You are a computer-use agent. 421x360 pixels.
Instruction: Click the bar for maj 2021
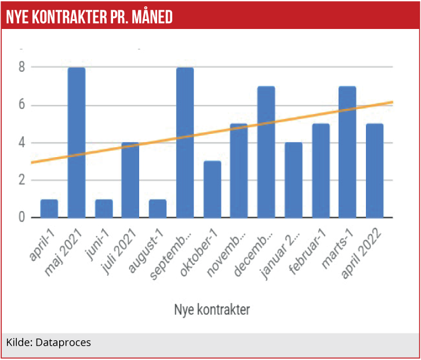pyautogui.click(x=77, y=143)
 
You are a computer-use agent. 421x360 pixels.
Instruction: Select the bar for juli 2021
pyautogui.click(x=130, y=180)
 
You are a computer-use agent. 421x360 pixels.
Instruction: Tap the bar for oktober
pyautogui.click(x=212, y=190)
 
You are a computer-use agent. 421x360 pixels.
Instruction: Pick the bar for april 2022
pyautogui.click(x=375, y=170)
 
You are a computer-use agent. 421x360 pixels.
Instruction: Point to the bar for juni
pyautogui.click(x=104, y=208)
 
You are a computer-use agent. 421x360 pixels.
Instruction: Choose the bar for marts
pyautogui.click(x=348, y=152)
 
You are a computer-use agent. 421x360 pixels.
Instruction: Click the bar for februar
pyautogui.click(x=321, y=170)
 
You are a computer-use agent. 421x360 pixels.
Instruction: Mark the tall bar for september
pyautogui.click(x=185, y=143)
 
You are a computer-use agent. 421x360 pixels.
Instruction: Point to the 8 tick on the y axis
pyautogui.click(x=21, y=67)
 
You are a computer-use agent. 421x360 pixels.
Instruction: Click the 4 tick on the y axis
pyautogui.click(x=21, y=143)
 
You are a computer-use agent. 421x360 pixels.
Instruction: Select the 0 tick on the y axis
pyautogui.click(x=21, y=217)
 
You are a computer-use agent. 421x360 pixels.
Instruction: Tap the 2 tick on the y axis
pyautogui.click(x=21, y=180)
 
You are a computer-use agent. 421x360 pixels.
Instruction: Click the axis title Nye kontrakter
pyautogui.click(x=212, y=309)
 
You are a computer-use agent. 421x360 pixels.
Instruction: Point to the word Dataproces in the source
pyautogui.click(x=63, y=343)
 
